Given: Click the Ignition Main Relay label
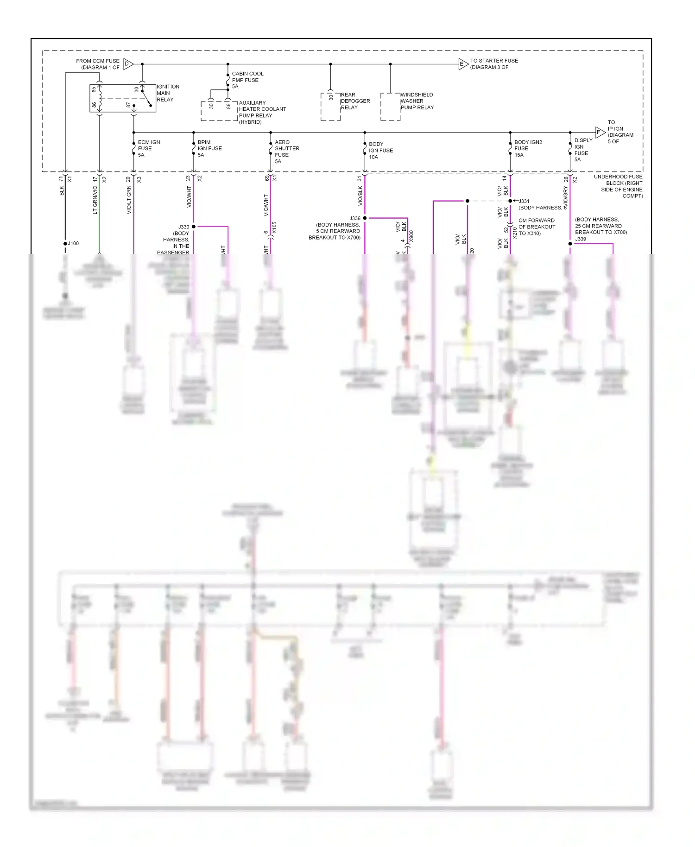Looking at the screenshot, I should pos(168,93).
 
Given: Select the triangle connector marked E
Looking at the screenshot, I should pos(463,64).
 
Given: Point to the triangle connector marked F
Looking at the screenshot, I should pos(600,132).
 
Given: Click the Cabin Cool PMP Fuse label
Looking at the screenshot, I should pos(247,80).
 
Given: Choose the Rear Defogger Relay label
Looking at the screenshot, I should pos(355,101).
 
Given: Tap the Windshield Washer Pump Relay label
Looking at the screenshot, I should pos(417,101).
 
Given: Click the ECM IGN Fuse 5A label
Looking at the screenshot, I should pos(149,148).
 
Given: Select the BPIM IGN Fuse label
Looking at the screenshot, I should pos(209,148).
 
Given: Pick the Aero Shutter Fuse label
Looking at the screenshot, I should pos(287,152).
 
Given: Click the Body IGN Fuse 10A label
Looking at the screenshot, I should pos(380,151).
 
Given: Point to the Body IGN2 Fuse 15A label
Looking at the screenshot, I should pos(528,148).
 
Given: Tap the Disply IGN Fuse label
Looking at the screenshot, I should pos(583,150).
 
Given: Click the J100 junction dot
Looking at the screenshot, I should pos(65,244).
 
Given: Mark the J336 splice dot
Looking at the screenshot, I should pos(365,218).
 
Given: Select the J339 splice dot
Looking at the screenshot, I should pos(570,244).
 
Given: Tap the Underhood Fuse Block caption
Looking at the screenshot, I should pos(618,186).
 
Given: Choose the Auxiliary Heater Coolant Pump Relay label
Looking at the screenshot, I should pos(262,113).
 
